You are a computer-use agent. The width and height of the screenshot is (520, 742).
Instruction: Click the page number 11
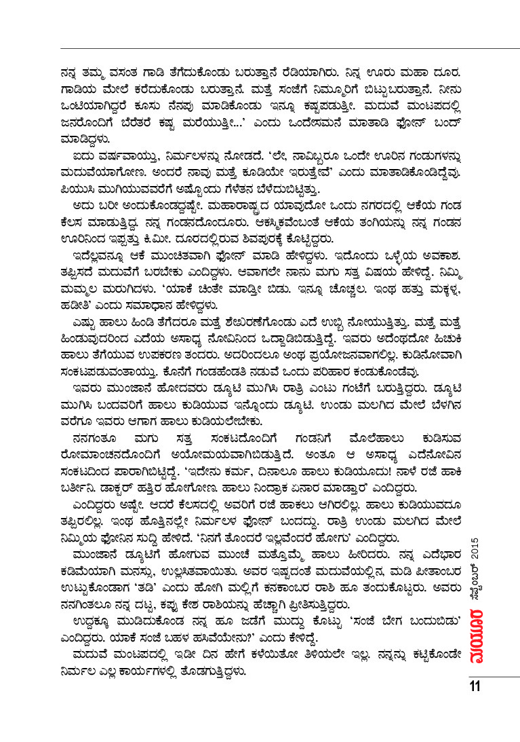click(x=474, y=686)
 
